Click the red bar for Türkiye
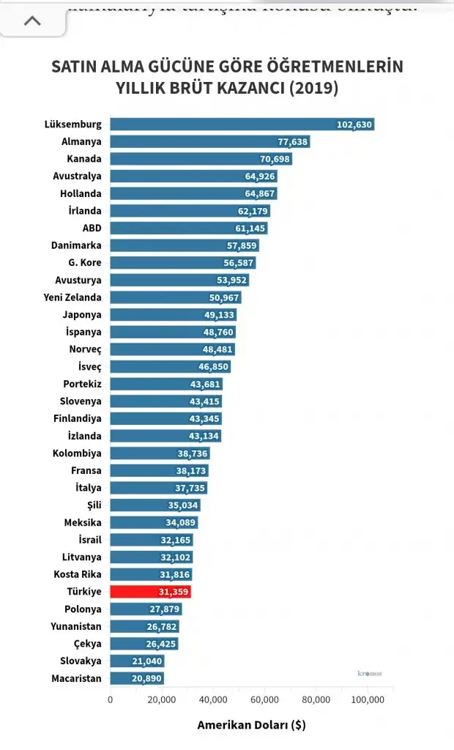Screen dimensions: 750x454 [150, 592]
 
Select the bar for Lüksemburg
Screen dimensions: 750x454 [242, 125]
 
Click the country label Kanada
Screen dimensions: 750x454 [83, 159]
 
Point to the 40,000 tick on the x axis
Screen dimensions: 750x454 [213, 699]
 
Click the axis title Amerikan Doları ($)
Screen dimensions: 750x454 [251, 725]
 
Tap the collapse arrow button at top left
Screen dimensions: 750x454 [32, 21]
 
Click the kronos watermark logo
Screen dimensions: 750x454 [370, 673]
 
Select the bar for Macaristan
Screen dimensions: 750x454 [137, 678]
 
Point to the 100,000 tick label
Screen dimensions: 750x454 [368, 699]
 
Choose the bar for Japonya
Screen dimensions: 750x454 [173, 315]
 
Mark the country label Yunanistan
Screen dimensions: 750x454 [76, 626]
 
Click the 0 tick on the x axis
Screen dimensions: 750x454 [111, 699]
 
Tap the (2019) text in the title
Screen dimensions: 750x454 [313, 89]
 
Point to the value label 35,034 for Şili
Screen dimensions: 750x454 [183, 505]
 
